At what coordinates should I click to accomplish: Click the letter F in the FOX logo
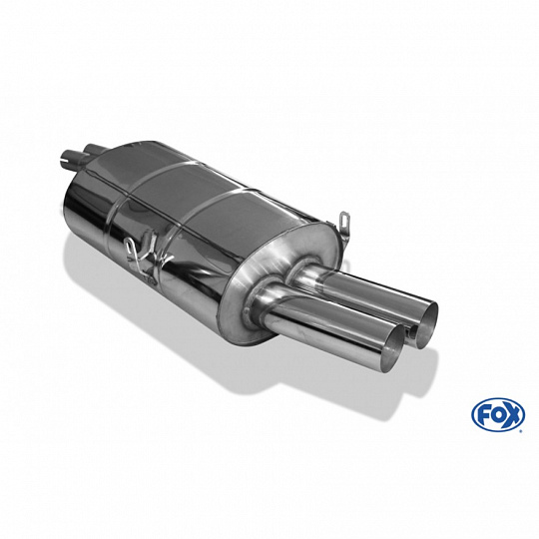[x=482, y=416]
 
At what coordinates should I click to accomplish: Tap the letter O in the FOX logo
[x=496, y=416]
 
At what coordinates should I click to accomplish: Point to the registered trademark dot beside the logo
[x=523, y=430]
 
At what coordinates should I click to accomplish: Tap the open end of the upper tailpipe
[x=427, y=321]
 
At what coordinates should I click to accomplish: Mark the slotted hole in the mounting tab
[x=344, y=219]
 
